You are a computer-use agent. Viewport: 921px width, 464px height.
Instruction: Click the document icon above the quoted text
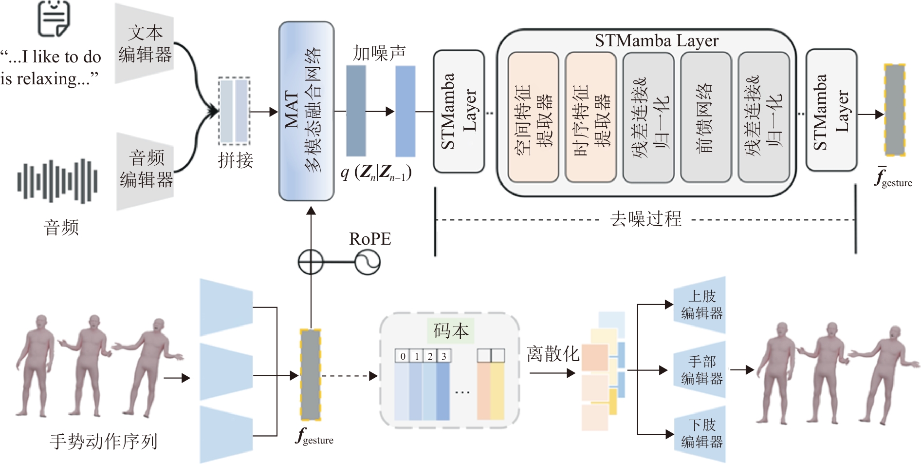pos(54,18)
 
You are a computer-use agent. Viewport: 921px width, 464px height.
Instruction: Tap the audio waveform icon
pos(57,181)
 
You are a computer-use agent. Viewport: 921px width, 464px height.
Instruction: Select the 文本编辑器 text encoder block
pos(145,44)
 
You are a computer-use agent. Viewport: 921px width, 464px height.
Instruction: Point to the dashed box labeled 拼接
pos(234,111)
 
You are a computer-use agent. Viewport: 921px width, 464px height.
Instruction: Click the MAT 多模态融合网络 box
pos(306,111)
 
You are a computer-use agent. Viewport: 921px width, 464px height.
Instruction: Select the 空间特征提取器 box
pos(533,117)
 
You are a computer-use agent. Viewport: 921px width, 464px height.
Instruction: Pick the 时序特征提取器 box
pos(590,117)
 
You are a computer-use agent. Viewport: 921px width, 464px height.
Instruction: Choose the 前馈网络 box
pos(706,117)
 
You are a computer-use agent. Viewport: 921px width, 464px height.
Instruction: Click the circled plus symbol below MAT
pos(311,262)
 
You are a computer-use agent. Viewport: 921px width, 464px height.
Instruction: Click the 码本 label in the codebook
pos(451,331)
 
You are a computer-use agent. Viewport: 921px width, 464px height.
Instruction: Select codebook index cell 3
pos(444,356)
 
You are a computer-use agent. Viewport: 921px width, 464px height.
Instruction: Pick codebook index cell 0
pos(403,356)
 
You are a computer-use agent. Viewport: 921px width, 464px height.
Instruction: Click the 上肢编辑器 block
pos(701,305)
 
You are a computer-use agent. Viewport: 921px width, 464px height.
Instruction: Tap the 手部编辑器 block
pos(701,370)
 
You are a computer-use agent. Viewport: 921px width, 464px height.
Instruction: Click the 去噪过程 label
pos(645,219)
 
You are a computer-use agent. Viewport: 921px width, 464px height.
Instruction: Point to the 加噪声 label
pos(379,53)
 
